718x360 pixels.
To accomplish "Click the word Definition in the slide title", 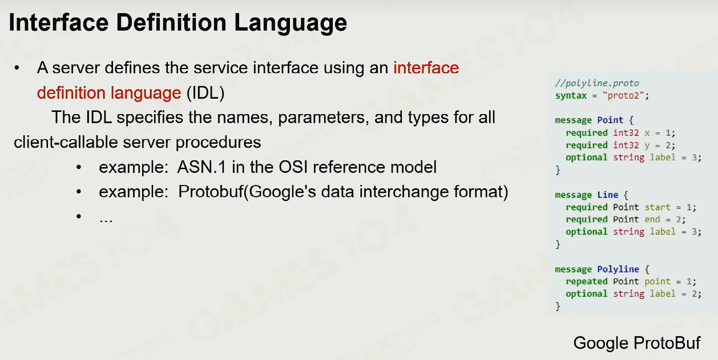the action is click(171, 22).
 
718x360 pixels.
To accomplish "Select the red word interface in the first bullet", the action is click(426, 67).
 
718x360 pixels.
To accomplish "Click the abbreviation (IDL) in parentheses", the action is click(205, 93).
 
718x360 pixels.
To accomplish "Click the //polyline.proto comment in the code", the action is click(597, 83).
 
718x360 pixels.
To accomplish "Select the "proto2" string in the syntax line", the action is click(623, 95).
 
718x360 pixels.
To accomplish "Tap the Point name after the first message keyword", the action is click(610, 120).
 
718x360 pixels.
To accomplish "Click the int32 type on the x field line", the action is click(626, 132).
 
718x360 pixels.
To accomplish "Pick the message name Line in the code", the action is click(607, 195).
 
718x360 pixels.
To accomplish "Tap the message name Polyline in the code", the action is click(618, 269).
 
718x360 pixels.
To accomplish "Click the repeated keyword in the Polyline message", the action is click(587, 281).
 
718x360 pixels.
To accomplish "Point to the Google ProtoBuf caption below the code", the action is click(637, 343).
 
